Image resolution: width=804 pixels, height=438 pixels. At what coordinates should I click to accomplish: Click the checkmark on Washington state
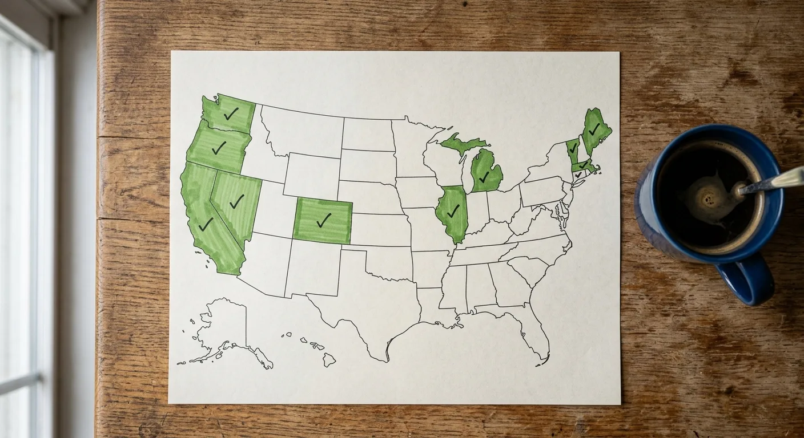click(231, 114)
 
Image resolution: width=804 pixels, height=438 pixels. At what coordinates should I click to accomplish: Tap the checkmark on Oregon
click(219, 148)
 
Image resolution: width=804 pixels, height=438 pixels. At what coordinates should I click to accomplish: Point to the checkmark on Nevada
click(236, 201)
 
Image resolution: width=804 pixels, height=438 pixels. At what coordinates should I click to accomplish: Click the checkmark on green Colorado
click(323, 220)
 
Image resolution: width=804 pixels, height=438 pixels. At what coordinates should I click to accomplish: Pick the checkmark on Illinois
click(453, 211)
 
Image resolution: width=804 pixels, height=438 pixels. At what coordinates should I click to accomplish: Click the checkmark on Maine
click(594, 129)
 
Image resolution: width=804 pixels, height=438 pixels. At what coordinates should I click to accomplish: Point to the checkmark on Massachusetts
click(583, 166)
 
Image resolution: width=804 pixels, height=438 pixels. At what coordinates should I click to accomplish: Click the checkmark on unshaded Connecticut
click(578, 175)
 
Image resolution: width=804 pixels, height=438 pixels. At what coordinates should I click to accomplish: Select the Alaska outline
click(223, 328)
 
